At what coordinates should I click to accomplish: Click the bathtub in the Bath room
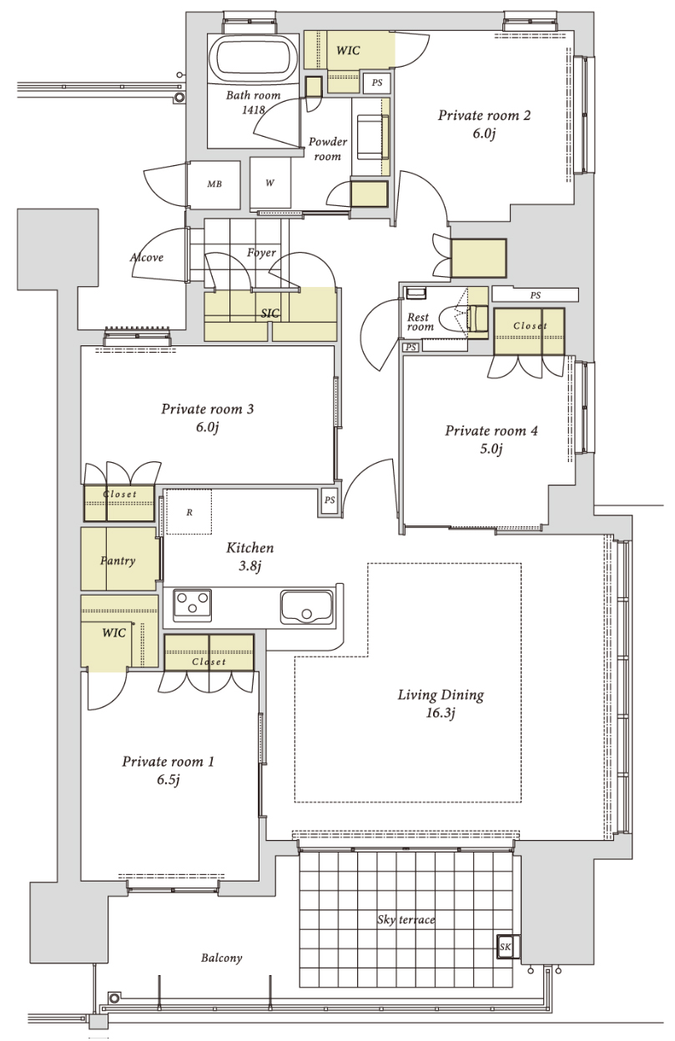(253, 59)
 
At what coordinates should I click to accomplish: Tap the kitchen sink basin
(306, 607)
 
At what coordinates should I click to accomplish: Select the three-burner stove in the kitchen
(192, 606)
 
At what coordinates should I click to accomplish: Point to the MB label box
(214, 184)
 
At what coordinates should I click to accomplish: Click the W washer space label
(270, 183)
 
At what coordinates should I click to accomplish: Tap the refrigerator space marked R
(189, 511)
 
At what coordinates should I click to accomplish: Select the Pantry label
(118, 561)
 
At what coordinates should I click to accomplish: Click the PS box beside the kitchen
(330, 500)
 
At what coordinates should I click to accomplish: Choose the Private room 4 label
(491, 430)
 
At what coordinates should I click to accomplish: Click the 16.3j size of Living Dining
(441, 713)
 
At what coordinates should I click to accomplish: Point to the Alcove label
(147, 258)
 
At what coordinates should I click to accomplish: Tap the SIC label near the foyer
(270, 314)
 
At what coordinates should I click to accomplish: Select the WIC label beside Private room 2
(348, 50)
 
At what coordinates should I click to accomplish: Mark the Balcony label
(222, 958)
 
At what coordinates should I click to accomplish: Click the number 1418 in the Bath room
(254, 109)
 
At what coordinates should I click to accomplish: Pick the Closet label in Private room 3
(120, 494)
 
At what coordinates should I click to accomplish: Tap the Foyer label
(261, 253)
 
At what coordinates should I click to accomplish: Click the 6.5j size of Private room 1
(168, 779)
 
